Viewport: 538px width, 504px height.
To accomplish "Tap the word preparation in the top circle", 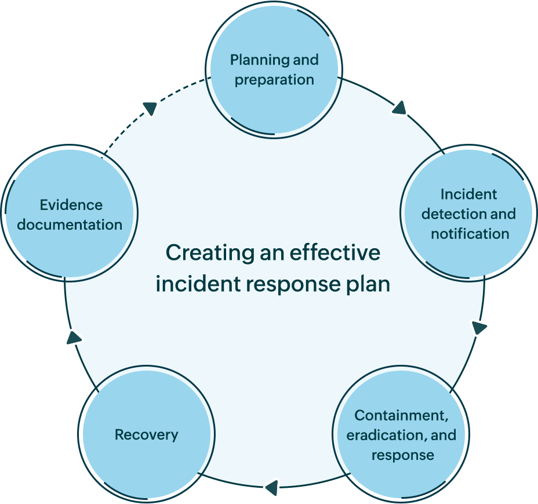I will pyautogui.click(x=274, y=79).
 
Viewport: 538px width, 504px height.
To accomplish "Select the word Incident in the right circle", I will pyautogui.click(x=468, y=194).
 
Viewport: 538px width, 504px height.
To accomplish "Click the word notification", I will pyautogui.click(x=470, y=234).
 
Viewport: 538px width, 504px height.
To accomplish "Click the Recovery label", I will pyautogui.click(x=146, y=434).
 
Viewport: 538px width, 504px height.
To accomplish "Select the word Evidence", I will pyautogui.click(x=71, y=205).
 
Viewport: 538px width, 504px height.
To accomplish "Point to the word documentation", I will pyautogui.click(x=70, y=224).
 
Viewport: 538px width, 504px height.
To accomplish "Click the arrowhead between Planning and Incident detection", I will pyautogui.click(x=399, y=108).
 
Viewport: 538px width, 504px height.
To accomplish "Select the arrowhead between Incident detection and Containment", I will pyautogui.click(x=478, y=328).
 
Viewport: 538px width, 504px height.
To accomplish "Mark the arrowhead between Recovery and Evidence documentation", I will pyautogui.click(x=74, y=337).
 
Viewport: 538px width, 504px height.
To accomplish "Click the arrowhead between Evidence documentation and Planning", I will pyautogui.click(x=150, y=108).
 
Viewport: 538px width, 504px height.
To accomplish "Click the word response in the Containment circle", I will pyautogui.click(x=402, y=455).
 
